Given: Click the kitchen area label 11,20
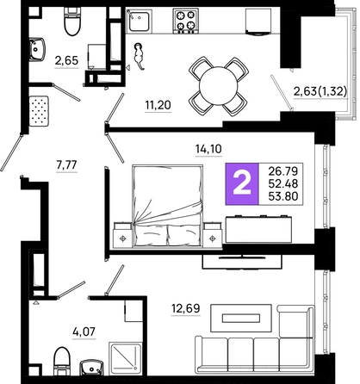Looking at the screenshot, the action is coord(158,105).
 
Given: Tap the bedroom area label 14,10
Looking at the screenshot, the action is coord(208,149).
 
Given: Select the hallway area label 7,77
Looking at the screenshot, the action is coord(67,165).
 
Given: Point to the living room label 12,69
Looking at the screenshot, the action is coord(185,308).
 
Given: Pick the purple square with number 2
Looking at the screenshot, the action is coord(242,183).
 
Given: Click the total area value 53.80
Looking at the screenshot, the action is coord(283,196).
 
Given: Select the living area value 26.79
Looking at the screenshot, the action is coord(283,171).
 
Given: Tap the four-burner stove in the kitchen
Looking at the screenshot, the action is coord(185,21).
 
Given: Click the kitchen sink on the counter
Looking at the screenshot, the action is coord(139,21).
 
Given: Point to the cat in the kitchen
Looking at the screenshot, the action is coord(139,56).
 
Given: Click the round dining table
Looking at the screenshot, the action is coord(219,86).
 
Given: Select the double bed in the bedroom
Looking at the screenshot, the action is coord(168,206).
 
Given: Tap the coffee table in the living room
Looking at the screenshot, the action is coord(241,318).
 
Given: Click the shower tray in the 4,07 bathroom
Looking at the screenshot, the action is coord(125,358).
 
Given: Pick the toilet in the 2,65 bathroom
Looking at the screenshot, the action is coord(72,22).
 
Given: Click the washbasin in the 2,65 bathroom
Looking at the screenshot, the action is coord(37,49).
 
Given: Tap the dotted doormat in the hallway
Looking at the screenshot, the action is coord(39,111).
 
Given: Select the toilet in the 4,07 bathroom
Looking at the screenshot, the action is coord(62,361).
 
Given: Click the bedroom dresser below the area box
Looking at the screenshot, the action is coord(258,229).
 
